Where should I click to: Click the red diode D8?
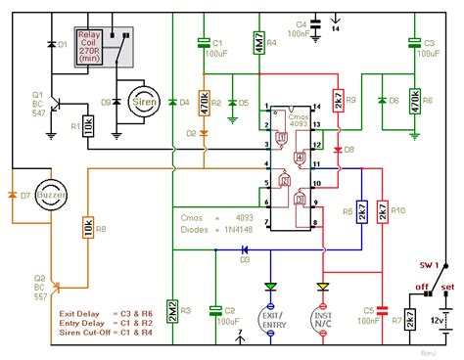[x=336, y=150]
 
